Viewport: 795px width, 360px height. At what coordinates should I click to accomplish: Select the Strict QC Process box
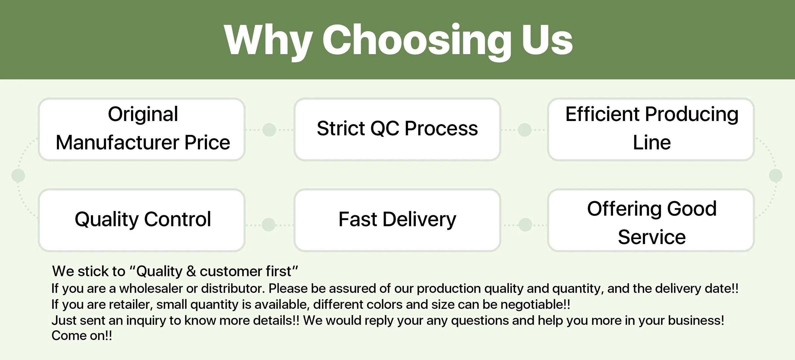point(397,129)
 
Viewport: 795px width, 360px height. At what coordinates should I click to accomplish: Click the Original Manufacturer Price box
point(142,129)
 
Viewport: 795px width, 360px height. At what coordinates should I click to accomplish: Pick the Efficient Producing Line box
point(651,129)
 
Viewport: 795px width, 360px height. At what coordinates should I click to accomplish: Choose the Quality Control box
point(142,220)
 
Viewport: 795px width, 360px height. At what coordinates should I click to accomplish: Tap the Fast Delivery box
point(397,220)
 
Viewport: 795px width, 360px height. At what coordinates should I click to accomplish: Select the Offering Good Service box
point(651,220)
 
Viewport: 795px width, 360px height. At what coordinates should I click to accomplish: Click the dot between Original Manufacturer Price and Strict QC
point(269,130)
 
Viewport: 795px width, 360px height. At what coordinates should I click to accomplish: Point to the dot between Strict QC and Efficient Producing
point(525,130)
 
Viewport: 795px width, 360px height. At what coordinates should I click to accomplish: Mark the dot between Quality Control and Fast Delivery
point(269,225)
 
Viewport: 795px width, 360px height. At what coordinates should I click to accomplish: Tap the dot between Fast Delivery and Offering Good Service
point(525,225)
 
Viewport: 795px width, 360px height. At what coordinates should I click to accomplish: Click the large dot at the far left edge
point(18,176)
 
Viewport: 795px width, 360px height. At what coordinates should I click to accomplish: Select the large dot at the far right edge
point(776,176)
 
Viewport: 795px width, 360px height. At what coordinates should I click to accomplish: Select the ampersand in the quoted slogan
point(191,271)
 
